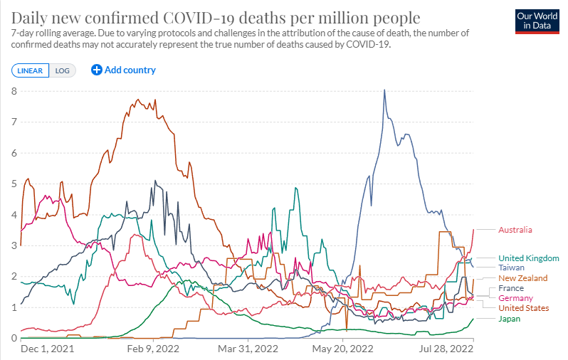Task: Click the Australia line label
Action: coord(515,230)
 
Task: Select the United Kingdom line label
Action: coord(528,258)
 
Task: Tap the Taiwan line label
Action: coord(511,268)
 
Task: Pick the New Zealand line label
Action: coord(522,278)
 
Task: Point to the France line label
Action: coord(510,288)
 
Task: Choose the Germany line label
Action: coord(515,298)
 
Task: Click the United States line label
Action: coord(523,308)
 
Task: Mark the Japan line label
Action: coord(509,319)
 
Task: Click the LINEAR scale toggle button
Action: coord(31,70)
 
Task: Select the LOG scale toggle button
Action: coord(63,70)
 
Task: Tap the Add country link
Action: coord(124,70)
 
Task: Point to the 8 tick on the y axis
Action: coord(14,91)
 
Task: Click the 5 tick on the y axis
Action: coord(14,184)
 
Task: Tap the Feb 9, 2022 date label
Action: coord(153,349)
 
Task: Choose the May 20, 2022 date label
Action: coord(342,349)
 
